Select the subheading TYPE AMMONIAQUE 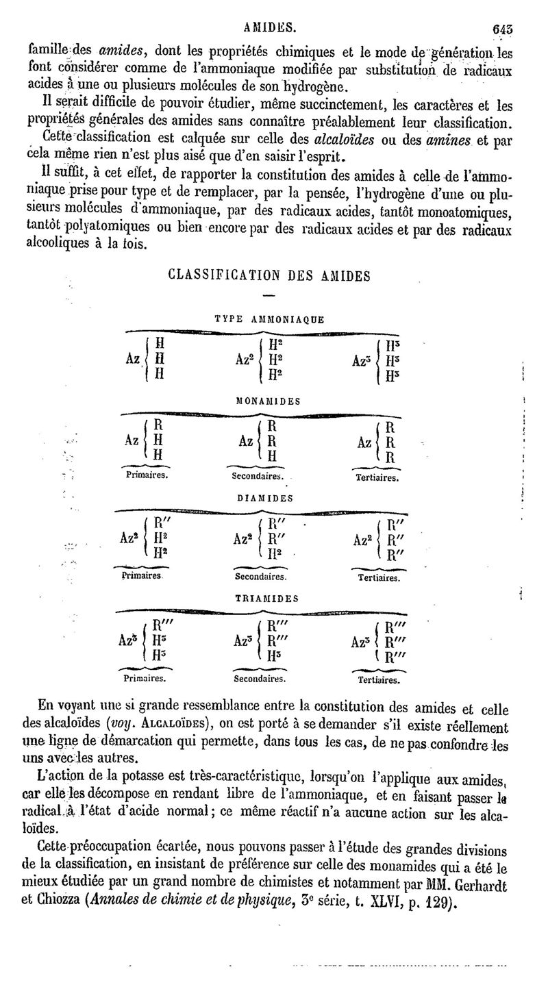click(x=269, y=318)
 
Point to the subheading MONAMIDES click(x=269, y=401)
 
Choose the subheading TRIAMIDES click(x=267, y=597)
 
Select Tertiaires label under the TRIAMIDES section click(x=379, y=681)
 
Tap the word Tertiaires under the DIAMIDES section click(x=379, y=577)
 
